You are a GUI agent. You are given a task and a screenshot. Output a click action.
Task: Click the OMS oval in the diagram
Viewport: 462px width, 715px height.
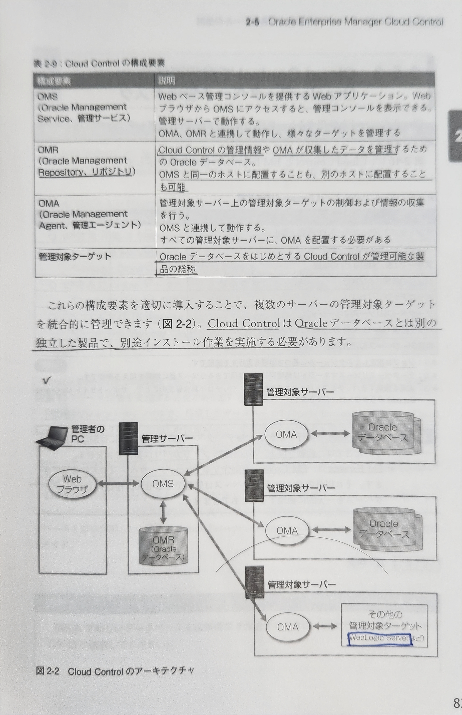(x=163, y=484)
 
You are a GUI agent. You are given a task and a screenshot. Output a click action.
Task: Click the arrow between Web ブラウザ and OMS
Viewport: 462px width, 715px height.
(x=118, y=484)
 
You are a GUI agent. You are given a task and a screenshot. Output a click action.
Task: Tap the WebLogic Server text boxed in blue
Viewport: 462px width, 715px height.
(x=379, y=637)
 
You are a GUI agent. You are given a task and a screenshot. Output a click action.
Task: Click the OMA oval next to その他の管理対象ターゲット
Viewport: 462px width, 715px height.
(x=287, y=627)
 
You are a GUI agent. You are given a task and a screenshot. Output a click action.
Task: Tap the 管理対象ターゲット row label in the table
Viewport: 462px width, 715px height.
(x=75, y=257)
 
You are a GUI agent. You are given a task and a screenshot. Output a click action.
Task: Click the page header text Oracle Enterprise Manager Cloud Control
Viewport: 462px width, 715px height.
(x=355, y=22)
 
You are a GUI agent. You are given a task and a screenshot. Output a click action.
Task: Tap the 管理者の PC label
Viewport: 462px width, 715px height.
(x=87, y=434)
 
